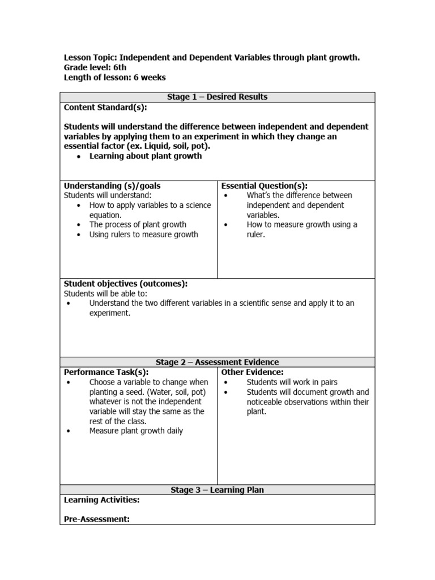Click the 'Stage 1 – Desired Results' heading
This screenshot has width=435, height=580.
217,97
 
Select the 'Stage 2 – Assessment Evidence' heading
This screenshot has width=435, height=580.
217,362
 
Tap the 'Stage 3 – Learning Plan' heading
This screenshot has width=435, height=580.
217,490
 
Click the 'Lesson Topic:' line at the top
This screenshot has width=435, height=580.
211,58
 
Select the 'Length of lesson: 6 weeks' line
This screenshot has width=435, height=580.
114,78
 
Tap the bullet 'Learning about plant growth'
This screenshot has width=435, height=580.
145,156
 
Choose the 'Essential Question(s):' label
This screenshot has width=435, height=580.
264,186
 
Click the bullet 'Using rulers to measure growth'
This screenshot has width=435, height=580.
143,234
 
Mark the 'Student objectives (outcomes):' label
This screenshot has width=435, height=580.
125,283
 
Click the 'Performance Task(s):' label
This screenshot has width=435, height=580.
106,372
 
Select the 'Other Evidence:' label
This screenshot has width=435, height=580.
252,372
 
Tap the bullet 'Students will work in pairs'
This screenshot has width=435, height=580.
292,382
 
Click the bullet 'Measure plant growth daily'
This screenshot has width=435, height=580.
136,431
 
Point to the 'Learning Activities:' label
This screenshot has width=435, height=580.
101,500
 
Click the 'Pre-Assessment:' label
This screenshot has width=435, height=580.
97,519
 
